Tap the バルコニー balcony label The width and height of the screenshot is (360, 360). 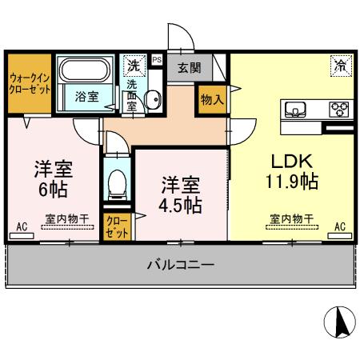pos(180,265)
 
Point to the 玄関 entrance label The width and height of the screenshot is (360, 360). pos(189,68)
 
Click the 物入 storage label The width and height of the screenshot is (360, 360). pos(212,99)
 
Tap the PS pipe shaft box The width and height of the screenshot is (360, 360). pos(156,58)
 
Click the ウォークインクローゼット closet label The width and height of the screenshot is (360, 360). pos(30,83)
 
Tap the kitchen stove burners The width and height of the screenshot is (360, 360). pos(338,110)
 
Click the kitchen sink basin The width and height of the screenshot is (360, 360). pos(292,109)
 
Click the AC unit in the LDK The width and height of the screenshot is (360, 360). pos(340,227)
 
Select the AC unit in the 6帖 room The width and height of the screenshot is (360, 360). pos(22,228)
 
